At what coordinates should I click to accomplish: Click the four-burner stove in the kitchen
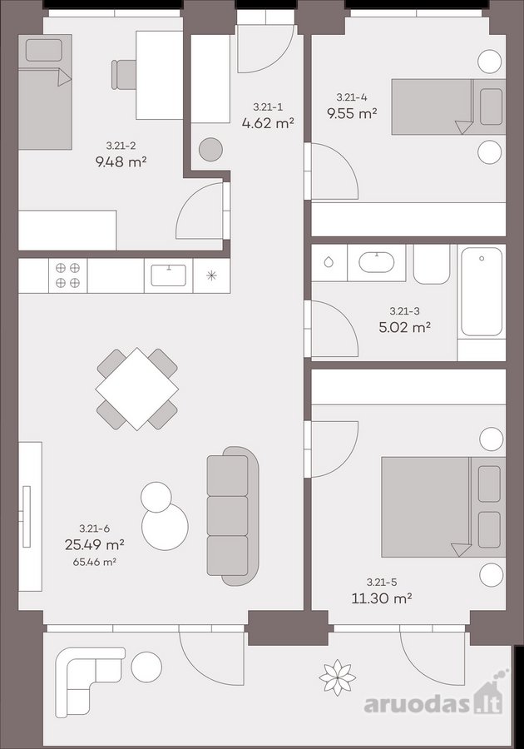pyautogui.click(x=67, y=275)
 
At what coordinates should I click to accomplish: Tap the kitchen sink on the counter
pyautogui.click(x=169, y=275)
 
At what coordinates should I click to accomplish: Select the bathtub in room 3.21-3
pyautogui.click(x=482, y=291)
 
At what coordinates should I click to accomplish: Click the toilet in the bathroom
pyautogui.click(x=432, y=264)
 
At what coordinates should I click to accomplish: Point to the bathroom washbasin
pyautogui.click(x=377, y=263)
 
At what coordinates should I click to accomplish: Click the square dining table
pyautogui.click(x=137, y=389)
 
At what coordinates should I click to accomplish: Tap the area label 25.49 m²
pyautogui.click(x=95, y=543)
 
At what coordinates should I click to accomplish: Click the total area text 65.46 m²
pyautogui.click(x=95, y=562)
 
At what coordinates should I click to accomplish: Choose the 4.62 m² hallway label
pyautogui.click(x=267, y=123)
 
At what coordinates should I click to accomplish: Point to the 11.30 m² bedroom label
pyautogui.click(x=381, y=598)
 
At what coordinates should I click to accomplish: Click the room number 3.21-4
pyautogui.click(x=352, y=97)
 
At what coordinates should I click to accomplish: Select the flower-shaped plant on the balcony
pyautogui.click(x=338, y=677)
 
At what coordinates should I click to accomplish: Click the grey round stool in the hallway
pyautogui.click(x=210, y=150)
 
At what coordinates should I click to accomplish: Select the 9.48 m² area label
pyautogui.click(x=121, y=162)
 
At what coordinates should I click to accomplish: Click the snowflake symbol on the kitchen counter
pyautogui.click(x=211, y=275)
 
